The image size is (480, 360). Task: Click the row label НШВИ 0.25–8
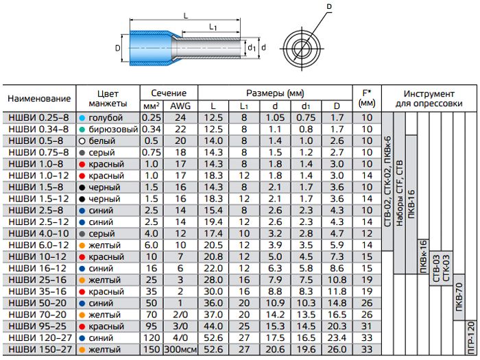point(38,118)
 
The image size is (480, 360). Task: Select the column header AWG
point(180,106)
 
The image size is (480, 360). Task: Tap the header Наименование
point(39,99)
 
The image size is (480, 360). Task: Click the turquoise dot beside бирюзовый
point(82,130)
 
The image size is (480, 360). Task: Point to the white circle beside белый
point(82,141)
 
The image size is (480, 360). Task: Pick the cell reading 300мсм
point(180,349)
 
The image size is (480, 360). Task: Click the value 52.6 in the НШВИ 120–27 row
point(213,337)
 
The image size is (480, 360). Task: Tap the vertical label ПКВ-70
point(459,297)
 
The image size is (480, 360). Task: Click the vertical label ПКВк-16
point(423,256)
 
